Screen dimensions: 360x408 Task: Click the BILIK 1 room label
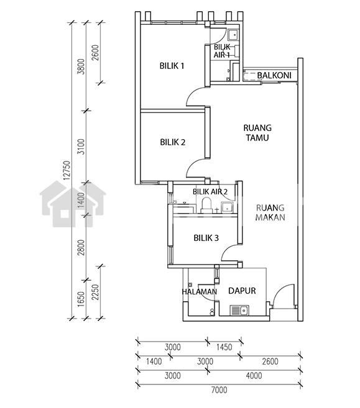tap(172, 66)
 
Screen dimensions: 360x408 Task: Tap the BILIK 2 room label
tap(172, 142)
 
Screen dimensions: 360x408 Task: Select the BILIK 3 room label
tap(206, 238)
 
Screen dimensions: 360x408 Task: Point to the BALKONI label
tap(274, 75)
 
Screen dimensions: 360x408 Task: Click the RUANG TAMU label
tap(257, 133)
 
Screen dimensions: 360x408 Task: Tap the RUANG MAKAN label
tap(270, 212)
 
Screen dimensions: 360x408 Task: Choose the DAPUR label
tap(242, 291)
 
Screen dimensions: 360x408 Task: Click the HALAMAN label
tap(200, 292)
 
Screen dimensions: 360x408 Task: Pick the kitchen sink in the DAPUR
tap(239, 310)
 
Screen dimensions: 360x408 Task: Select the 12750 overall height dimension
tap(67, 170)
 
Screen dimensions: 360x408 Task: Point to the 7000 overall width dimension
tap(219, 390)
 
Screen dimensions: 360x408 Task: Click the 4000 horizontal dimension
tap(254, 376)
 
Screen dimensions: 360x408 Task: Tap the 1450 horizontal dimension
tap(224, 347)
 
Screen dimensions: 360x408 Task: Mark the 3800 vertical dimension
tap(81, 66)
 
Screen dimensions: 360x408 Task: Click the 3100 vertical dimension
tap(81, 147)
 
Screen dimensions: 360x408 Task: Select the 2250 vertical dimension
tap(95, 292)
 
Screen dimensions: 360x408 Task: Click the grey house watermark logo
tap(73, 204)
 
